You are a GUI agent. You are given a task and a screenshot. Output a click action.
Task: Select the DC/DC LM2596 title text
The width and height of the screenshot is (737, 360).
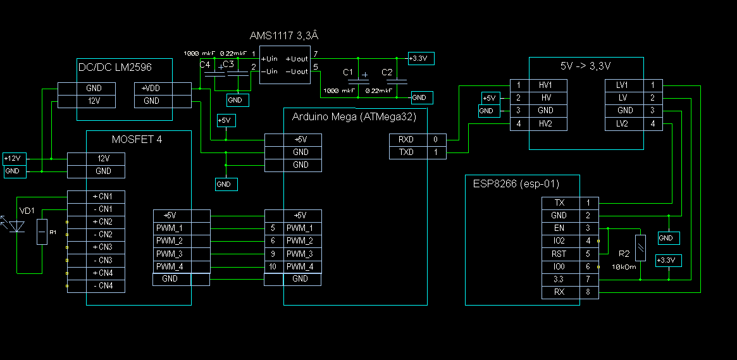pos(115,66)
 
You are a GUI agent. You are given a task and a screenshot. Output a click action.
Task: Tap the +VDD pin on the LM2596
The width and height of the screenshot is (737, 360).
pos(152,89)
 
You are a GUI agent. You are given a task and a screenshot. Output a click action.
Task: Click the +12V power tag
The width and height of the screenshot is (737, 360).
pos(12,159)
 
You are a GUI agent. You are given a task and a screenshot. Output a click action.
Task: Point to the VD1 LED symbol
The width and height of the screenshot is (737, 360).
pos(18,226)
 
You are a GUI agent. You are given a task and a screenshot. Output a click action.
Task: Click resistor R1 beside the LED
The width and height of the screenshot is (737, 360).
pos(42,232)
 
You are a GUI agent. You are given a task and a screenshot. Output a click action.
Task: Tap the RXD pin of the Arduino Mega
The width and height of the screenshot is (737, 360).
pos(406,139)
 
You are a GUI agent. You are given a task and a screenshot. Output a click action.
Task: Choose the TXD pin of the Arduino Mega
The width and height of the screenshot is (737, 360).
pos(406,152)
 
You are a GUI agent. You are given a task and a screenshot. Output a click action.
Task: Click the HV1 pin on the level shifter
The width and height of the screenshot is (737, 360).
pos(546,85)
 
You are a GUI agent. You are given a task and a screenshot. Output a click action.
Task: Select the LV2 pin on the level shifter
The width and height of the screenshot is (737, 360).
pos(622,124)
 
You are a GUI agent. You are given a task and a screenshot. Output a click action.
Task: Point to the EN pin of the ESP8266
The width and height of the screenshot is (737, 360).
pos(559,228)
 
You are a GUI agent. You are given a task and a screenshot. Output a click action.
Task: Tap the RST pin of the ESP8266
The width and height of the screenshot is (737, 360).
pos(559,254)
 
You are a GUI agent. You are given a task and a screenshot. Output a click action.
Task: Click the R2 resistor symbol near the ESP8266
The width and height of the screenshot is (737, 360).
pos(641,247)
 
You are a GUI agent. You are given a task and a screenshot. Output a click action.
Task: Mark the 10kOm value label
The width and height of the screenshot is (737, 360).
pos(624,268)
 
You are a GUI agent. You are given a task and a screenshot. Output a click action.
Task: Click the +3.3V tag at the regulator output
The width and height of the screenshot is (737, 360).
pos(421,59)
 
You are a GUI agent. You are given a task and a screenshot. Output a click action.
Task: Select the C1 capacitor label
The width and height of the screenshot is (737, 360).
pos(348,73)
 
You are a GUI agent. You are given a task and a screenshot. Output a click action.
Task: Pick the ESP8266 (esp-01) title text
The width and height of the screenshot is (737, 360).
pos(516,184)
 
